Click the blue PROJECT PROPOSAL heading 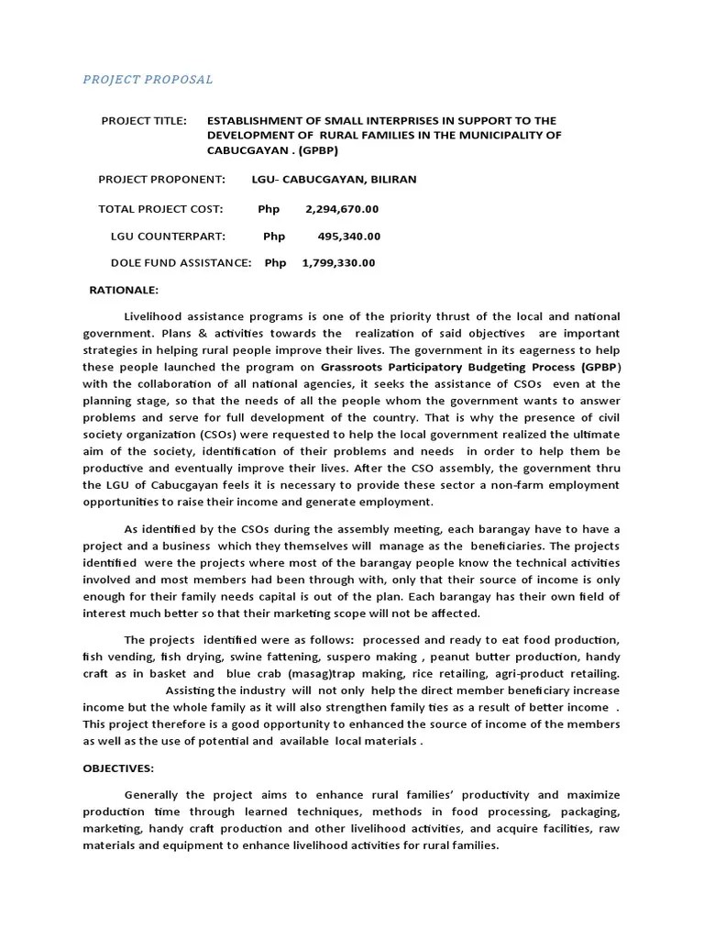coord(148,80)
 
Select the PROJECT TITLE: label coord(143,120)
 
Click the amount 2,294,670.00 coord(342,208)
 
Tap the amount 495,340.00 coord(349,236)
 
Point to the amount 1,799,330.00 coord(338,263)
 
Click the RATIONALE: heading coord(124,290)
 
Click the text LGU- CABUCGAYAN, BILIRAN coord(334,179)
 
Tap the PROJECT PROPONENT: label coord(161,179)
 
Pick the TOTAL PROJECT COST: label coord(160,208)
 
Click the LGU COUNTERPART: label coord(168,236)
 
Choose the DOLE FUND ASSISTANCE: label coord(181,263)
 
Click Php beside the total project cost coord(269,208)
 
